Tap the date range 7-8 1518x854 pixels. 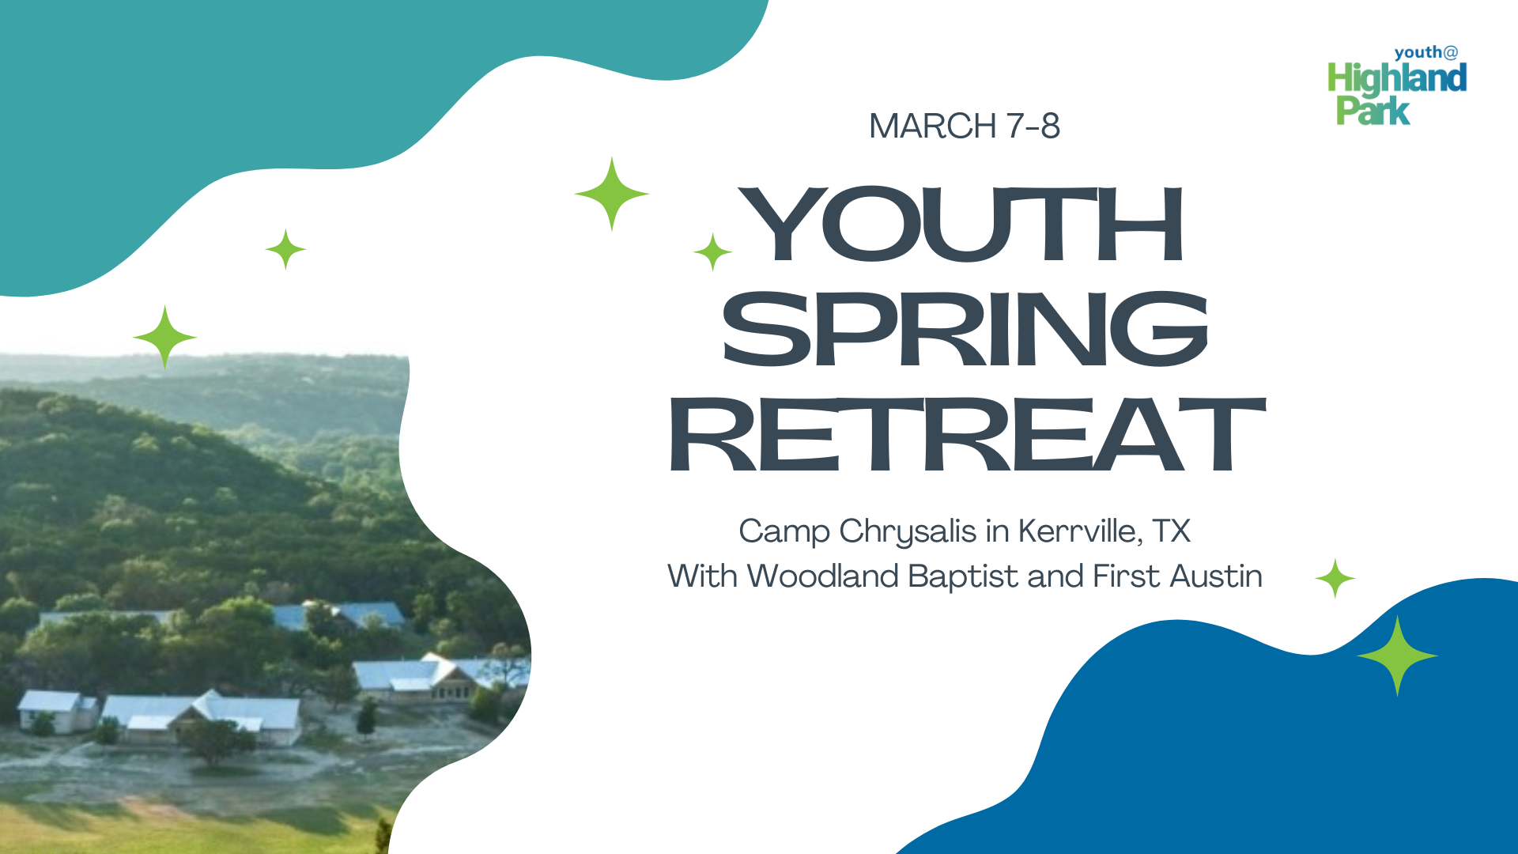click(1033, 127)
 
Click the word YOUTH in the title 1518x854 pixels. click(962, 225)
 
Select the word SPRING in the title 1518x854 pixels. click(965, 329)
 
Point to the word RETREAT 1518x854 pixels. click(968, 435)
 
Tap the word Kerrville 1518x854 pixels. click(1080, 531)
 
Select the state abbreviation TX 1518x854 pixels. click(1172, 531)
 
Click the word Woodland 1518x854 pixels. click(822, 576)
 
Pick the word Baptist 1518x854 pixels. click(963, 577)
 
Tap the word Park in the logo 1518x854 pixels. click(1373, 111)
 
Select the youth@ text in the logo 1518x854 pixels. click(1425, 53)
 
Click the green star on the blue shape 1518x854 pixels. click(1397, 656)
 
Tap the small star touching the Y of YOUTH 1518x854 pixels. click(713, 251)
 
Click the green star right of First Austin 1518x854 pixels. click(1335, 578)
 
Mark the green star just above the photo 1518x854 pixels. click(164, 338)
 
